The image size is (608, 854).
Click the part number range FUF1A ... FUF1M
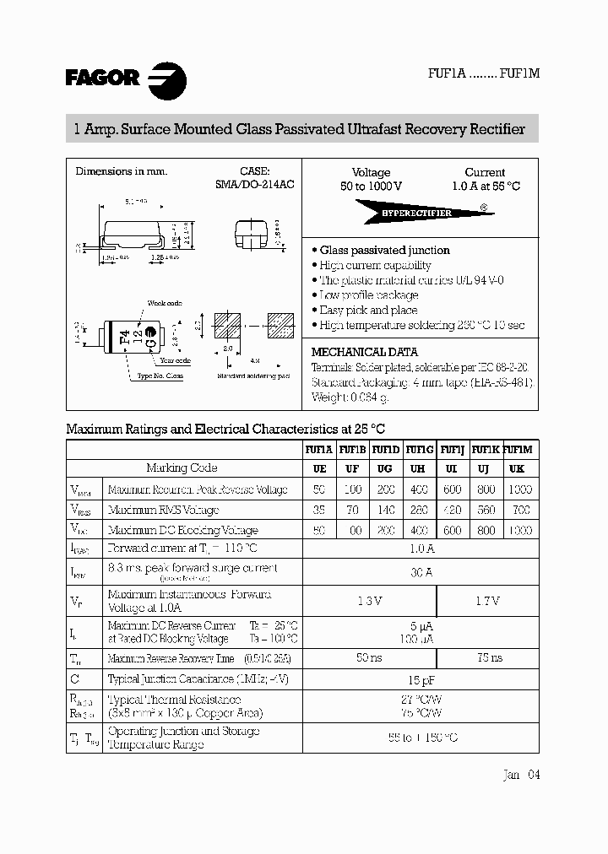point(484,73)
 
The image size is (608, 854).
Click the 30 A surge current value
point(420,572)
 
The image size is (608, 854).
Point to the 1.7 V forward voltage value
point(486,601)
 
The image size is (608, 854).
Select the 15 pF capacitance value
point(420,678)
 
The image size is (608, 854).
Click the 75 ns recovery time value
point(486,657)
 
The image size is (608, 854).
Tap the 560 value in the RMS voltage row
point(485,510)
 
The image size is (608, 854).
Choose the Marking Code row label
point(182,468)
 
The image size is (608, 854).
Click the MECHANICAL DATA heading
point(365,352)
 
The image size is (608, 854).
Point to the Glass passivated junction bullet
point(384,250)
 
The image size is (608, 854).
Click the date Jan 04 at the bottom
point(520,775)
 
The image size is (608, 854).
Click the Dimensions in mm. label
point(122,171)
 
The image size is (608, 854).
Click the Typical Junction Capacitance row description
point(201,678)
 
